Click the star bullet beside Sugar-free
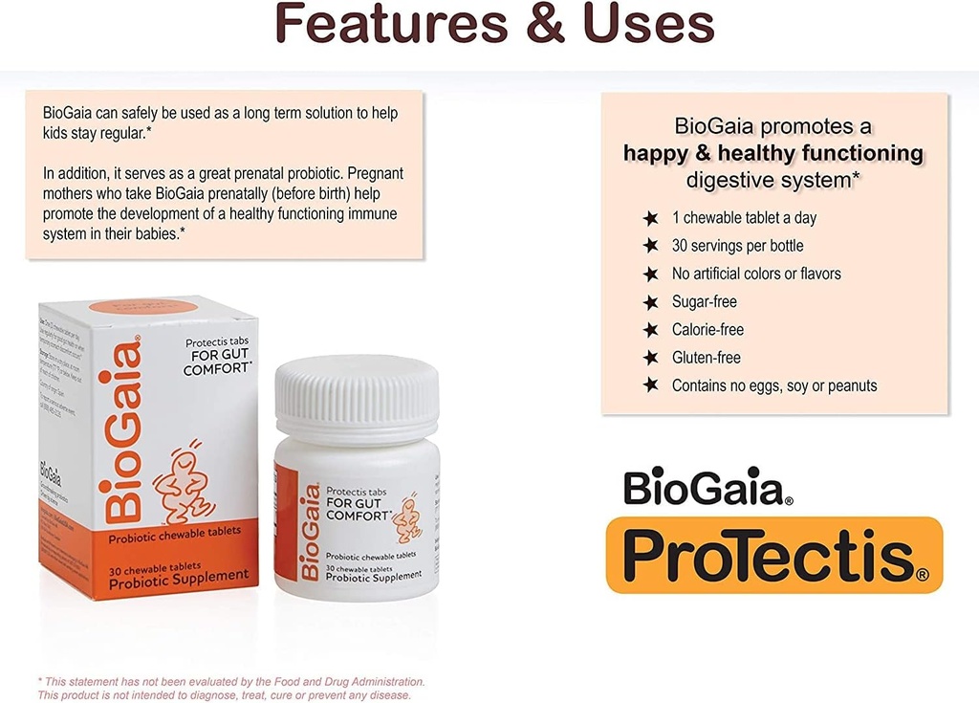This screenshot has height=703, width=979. [651, 302]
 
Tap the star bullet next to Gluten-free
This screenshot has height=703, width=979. [651, 358]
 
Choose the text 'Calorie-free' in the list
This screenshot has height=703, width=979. [707, 330]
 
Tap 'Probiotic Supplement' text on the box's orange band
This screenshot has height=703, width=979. [179, 575]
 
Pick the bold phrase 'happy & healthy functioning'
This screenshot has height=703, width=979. [773, 153]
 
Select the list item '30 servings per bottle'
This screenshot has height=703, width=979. [737, 246]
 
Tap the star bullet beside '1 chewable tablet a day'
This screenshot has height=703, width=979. [651, 218]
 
